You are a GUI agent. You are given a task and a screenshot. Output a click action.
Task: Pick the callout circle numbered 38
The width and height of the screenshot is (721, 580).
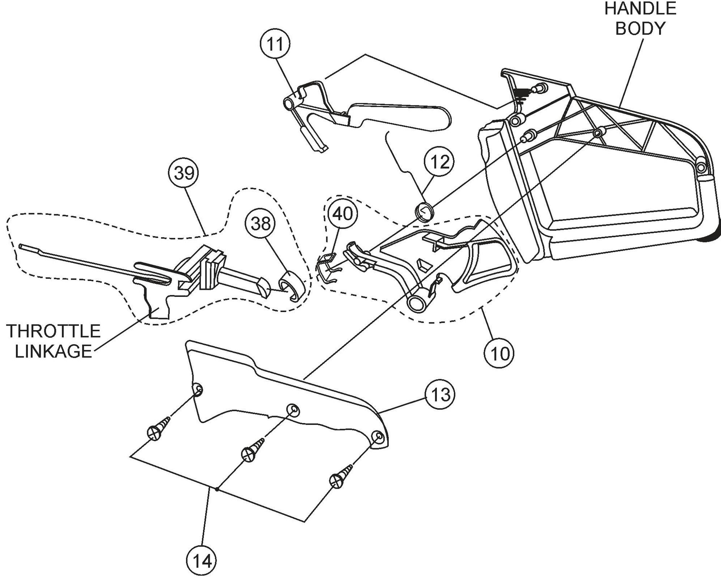pos(262,224)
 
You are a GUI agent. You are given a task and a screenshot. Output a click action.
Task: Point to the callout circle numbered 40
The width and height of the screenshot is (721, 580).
pos(343,214)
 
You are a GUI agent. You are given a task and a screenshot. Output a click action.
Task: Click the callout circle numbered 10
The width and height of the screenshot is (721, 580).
pos(499,354)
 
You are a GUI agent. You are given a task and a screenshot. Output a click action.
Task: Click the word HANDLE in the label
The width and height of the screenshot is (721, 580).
pos(640,9)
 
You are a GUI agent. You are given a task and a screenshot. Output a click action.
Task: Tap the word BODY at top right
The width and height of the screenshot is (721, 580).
pos(640,28)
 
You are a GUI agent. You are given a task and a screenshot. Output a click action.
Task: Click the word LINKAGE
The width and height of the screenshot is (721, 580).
pos(53,351)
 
